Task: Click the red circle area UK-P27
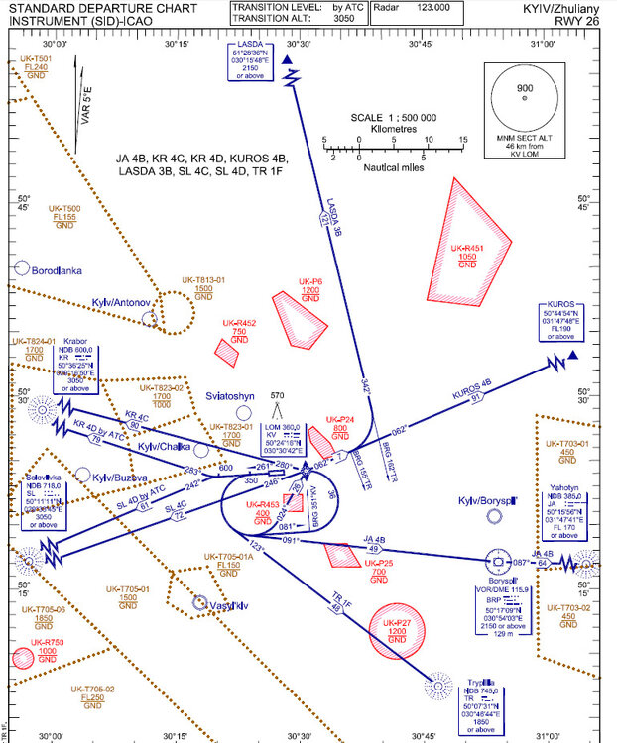coord(396,630)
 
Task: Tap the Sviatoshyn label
coord(230,395)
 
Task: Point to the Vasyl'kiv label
coord(228,604)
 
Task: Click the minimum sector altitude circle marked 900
coord(524,98)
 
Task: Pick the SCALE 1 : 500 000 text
coord(393,117)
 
